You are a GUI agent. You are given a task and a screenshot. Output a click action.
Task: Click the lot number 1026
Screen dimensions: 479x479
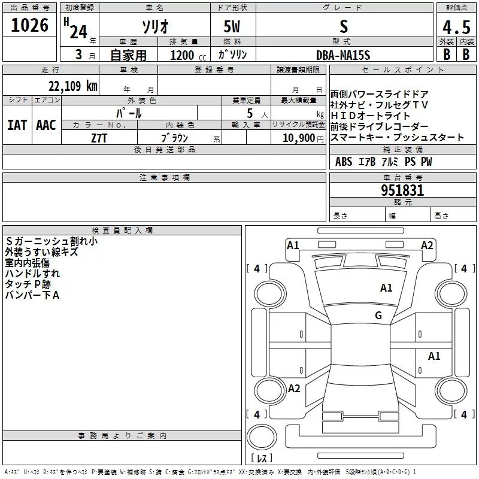(x=29, y=25)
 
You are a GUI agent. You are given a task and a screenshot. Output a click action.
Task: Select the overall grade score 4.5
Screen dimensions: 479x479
(x=456, y=27)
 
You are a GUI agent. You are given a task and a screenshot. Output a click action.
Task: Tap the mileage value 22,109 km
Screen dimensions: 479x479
(x=73, y=86)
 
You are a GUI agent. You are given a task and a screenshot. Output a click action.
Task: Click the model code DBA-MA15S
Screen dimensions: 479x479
(x=343, y=55)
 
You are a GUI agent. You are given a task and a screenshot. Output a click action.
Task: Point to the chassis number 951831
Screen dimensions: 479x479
(x=402, y=190)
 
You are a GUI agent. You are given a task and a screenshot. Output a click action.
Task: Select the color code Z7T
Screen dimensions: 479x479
(x=99, y=138)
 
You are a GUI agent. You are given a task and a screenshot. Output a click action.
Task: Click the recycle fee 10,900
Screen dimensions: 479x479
(x=298, y=138)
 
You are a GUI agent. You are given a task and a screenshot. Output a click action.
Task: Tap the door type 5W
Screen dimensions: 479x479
(x=232, y=26)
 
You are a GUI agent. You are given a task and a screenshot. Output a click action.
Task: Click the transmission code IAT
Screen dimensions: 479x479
(x=17, y=125)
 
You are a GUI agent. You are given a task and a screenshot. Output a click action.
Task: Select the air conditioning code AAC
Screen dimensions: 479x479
(x=46, y=125)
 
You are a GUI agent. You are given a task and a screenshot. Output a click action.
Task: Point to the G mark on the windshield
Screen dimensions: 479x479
(x=378, y=315)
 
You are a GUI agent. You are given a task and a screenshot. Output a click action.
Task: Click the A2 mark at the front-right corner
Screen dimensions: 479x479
(x=427, y=245)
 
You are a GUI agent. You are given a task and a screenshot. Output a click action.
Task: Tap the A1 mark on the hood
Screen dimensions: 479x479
(x=386, y=288)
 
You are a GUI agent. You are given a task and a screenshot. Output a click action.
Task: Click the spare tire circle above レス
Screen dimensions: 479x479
(x=262, y=436)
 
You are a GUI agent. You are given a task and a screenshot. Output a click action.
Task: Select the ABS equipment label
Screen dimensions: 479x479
(x=344, y=162)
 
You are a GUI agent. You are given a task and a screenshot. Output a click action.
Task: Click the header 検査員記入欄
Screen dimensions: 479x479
(x=122, y=231)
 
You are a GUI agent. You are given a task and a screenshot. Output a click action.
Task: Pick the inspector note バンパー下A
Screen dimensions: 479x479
(x=32, y=295)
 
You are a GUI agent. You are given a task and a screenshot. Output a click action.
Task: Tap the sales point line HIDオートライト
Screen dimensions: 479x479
(x=370, y=116)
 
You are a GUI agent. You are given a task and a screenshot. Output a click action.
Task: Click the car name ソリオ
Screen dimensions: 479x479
(x=155, y=26)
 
